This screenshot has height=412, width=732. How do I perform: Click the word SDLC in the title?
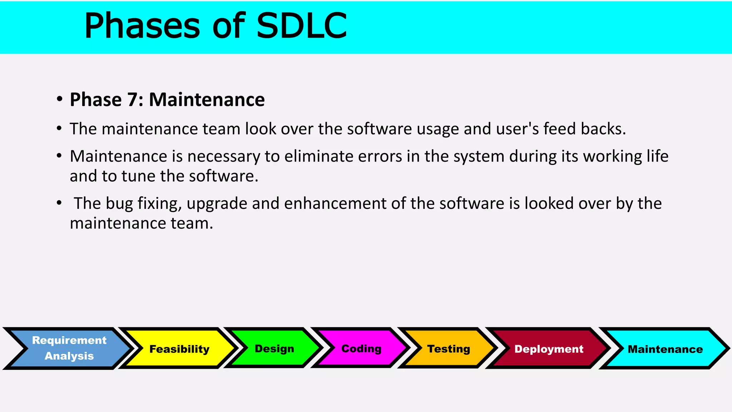pos(301,26)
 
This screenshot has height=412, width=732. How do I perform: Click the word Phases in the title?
pos(142,26)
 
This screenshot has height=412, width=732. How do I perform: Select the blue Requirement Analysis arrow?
pos(69,348)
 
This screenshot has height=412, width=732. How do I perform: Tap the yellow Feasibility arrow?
pos(179,349)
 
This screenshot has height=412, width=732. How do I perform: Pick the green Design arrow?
pos(274,349)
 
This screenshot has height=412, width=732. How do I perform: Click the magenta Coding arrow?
pos(361,349)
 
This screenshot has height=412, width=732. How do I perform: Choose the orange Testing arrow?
pos(449,349)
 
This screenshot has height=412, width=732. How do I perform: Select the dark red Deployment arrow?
pos(549,349)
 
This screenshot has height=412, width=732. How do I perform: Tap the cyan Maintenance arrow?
pos(665,349)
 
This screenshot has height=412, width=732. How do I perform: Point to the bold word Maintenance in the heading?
pos(207,100)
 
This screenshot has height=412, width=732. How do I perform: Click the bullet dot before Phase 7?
pos(59,99)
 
